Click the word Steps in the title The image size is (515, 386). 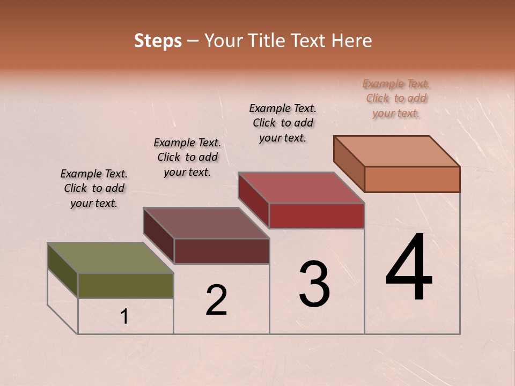tap(158, 41)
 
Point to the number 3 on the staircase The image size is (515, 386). tap(314, 284)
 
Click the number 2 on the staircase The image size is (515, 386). tap(216, 300)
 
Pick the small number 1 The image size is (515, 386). tap(124, 317)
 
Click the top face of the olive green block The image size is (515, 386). tap(110, 258)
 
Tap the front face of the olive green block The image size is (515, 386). tap(126, 285)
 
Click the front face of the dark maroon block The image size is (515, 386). tap(222, 251)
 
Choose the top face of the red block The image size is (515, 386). tap(301, 188)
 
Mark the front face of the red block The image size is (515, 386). tap(317, 216)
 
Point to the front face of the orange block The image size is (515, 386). tap(412, 179)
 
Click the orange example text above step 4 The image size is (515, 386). tap(396, 98)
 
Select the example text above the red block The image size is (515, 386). tap(283, 123)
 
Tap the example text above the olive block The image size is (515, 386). tap(94, 188)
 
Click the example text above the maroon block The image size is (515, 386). tap(187, 157)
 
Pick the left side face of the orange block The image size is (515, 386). tap(349, 164)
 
